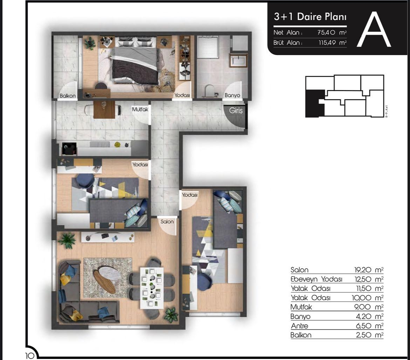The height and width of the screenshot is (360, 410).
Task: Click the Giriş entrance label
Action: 236,111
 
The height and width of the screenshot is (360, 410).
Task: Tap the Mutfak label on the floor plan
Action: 140,109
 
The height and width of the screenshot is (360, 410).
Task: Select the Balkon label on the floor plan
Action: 68,96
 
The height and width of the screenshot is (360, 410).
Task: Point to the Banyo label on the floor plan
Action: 232,95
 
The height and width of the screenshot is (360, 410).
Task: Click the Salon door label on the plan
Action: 167,221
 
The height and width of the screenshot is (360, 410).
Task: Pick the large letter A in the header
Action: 374,30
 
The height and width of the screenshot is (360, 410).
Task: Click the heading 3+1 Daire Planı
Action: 310,17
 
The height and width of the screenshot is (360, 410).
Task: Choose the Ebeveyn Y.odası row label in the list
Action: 316,279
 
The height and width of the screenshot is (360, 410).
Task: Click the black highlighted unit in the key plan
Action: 314,103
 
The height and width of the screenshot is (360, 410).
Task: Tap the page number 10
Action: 29,355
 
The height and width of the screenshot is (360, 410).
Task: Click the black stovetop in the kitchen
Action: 69,149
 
